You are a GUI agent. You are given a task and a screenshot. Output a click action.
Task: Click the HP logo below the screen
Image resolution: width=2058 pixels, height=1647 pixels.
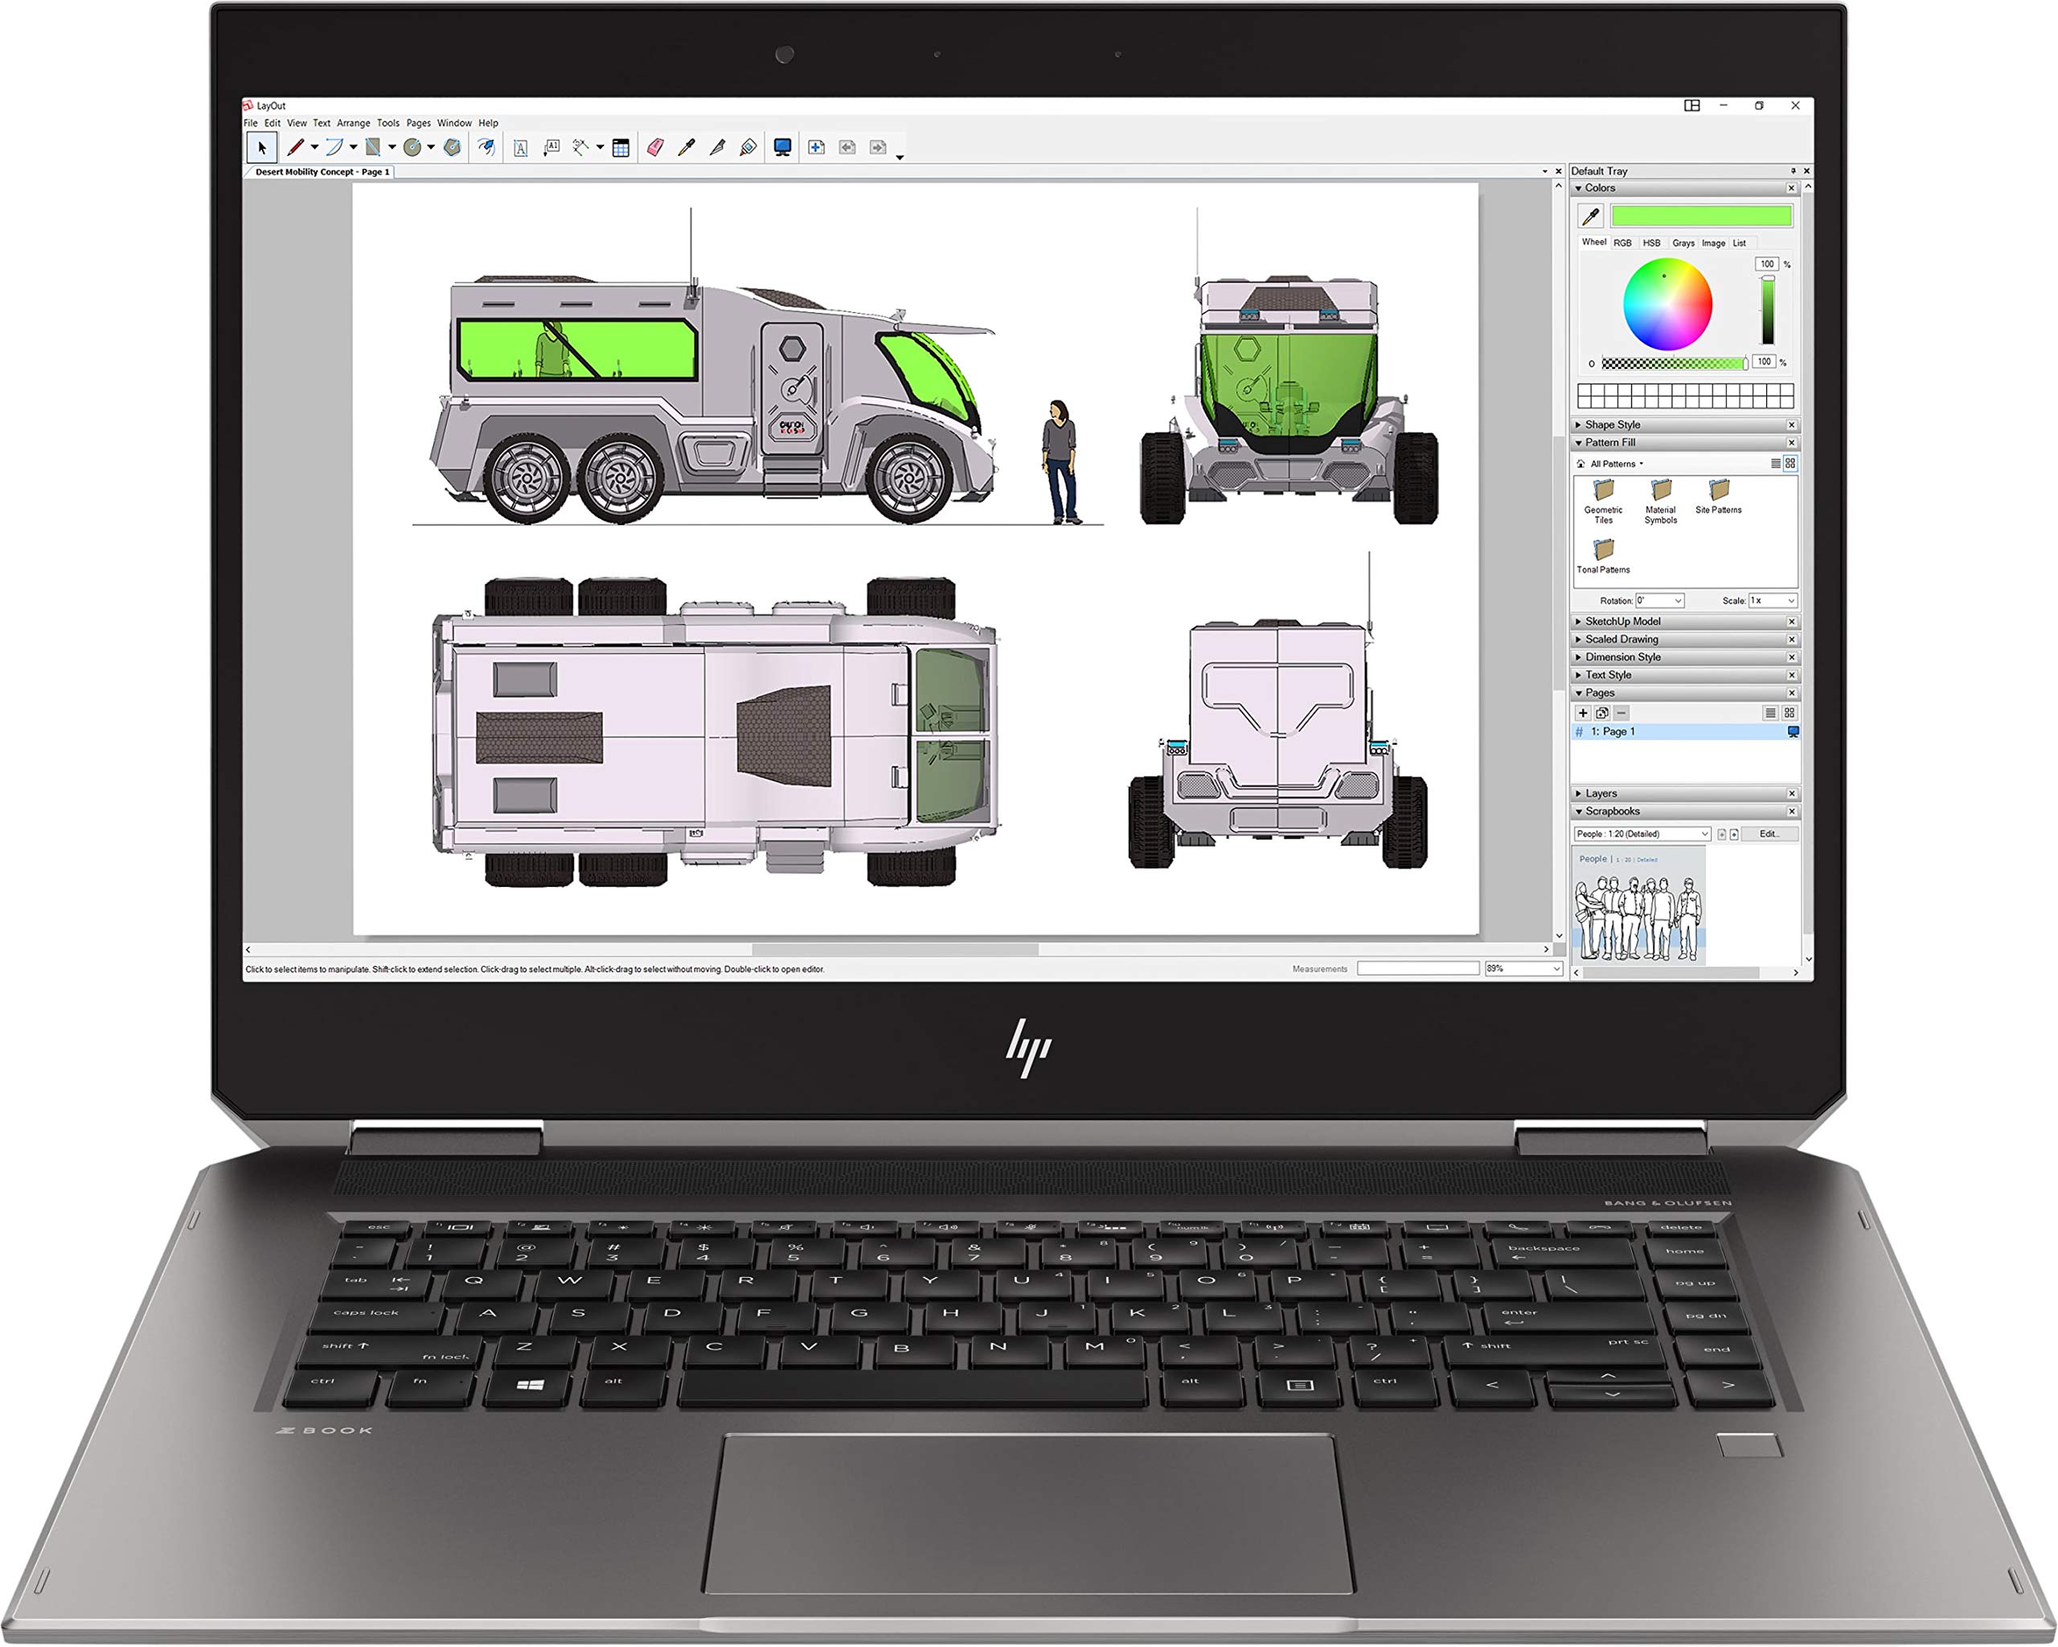click(1028, 1047)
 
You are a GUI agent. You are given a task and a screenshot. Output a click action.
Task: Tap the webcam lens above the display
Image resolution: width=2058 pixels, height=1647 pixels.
click(785, 55)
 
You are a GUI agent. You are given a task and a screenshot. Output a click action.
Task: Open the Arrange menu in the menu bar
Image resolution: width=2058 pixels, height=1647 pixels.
click(353, 123)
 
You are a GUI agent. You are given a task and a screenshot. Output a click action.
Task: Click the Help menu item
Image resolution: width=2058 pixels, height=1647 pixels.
click(488, 123)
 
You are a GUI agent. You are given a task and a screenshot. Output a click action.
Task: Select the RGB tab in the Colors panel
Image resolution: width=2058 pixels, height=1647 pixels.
click(1623, 244)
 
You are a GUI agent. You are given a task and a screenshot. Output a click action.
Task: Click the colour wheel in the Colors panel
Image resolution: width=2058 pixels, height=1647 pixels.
click(1666, 305)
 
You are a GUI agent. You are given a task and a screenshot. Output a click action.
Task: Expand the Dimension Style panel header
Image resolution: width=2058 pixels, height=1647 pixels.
click(1623, 657)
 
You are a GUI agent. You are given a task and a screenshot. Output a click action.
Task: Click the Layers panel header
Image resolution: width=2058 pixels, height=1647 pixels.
click(1601, 794)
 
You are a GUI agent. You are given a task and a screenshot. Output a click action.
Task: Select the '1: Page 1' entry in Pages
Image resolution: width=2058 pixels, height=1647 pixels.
click(1613, 731)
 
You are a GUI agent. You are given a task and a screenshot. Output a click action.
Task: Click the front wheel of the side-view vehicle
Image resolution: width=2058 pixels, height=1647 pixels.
click(910, 478)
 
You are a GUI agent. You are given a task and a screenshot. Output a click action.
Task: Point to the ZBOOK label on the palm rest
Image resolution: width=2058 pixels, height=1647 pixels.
click(325, 1430)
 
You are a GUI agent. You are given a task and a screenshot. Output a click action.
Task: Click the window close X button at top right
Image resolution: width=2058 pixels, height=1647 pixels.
click(1795, 106)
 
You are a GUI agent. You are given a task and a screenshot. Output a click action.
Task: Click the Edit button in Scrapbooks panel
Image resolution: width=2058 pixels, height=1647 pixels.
click(1769, 833)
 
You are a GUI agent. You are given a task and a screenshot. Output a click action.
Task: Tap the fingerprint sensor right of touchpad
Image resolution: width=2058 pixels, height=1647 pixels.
click(1748, 1444)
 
